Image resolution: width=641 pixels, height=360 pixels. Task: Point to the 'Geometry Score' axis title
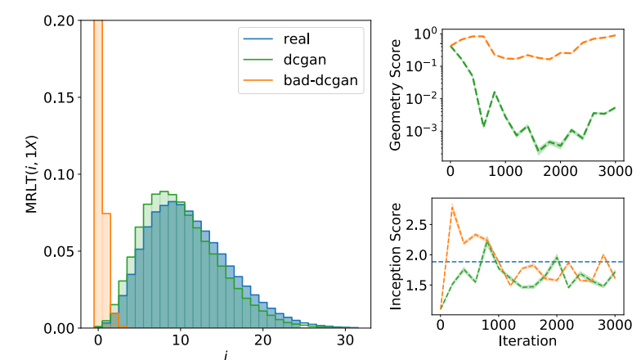[x=397, y=91]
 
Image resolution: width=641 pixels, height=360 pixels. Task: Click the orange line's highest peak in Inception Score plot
[x=453, y=208]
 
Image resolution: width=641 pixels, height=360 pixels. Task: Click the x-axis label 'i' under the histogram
[x=226, y=353]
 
